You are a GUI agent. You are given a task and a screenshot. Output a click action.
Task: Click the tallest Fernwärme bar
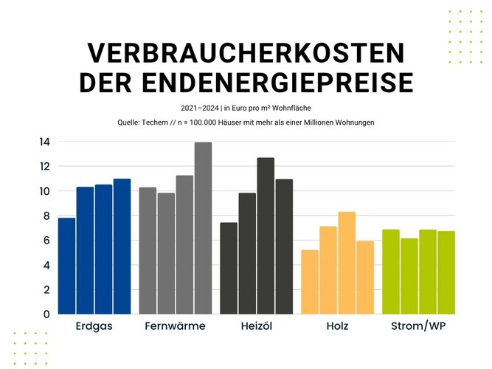click(203, 228)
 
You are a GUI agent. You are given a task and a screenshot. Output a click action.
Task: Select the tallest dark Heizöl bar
click(266, 236)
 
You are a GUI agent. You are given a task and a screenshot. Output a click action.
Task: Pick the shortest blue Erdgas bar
click(66, 266)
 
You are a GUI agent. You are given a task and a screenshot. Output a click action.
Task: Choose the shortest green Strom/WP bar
click(409, 276)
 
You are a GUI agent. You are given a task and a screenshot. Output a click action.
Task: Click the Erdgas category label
click(94, 325)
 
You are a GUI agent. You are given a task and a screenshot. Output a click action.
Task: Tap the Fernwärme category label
click(176, 325)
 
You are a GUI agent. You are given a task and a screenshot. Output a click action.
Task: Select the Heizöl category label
click(257, 325)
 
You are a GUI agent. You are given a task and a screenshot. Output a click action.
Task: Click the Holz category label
click(337, 325)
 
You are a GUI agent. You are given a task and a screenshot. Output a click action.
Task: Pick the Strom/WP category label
click(419, 325)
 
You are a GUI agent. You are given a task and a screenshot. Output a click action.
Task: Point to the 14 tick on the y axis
click(45, 142)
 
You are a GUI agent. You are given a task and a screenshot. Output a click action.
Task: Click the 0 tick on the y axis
click(46, 314)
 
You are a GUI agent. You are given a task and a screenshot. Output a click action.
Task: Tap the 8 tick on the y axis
click(46, 215)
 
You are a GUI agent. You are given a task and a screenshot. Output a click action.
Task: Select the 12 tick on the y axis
click(45, 166)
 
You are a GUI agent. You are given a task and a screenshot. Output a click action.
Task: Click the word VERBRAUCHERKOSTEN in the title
click(246, 53)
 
